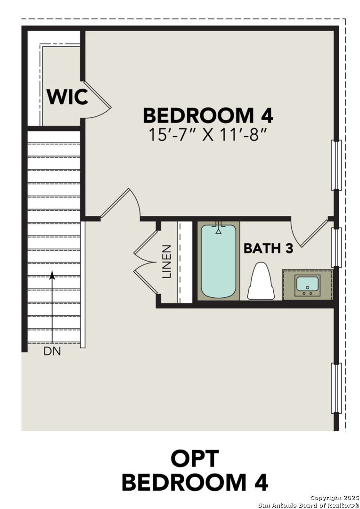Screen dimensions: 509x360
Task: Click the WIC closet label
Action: tap(67, 97)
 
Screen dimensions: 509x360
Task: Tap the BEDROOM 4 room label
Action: tap(208, 115)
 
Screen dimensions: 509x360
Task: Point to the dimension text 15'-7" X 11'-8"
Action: tap(208, 135)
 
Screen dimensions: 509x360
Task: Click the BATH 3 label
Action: tap(268, 248)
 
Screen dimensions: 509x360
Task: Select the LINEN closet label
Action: tap(167, 261)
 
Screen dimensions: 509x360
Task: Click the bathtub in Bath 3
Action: tap(218, 262)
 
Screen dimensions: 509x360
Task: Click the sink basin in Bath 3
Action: tap(307, 284)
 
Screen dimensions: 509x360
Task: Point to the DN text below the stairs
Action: tap(52, 351)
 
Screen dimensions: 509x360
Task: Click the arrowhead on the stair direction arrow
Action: tap(52, 274)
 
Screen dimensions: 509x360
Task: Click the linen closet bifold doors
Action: tap(146, 262)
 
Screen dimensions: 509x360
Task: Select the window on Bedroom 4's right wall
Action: tap(336, 165)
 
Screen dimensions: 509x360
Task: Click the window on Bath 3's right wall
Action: tap(336, 247)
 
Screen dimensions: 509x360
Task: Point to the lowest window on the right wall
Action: tap(336, 388)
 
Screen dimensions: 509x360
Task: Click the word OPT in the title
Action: tap(195, 459)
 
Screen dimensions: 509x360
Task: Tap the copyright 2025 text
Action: tap(335, 498)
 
